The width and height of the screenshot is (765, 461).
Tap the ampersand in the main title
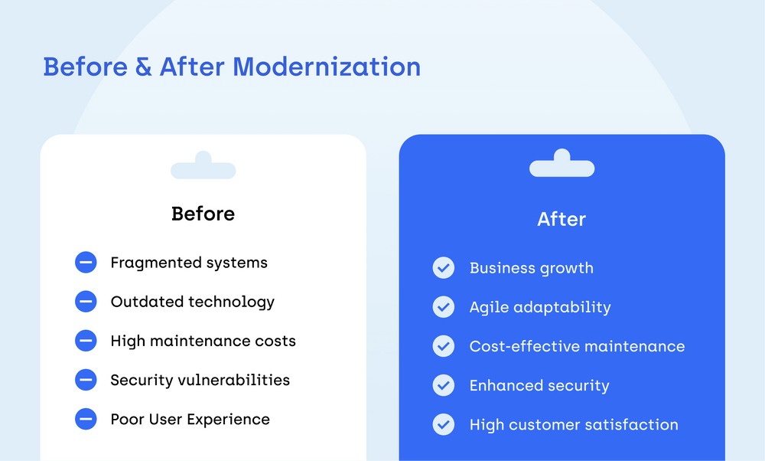143,67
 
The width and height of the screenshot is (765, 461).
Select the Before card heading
203,214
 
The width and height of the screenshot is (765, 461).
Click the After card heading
562,219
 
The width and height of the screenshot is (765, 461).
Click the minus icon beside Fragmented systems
86,263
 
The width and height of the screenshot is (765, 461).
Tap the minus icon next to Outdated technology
86,302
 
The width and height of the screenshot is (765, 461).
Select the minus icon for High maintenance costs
86,341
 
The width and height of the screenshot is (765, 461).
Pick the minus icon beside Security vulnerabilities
86,380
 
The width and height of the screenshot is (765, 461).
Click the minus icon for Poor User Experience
86,419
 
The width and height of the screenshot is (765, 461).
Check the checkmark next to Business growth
444,268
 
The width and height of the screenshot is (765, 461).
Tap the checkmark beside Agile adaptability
444,307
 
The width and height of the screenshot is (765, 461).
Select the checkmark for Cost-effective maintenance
444,346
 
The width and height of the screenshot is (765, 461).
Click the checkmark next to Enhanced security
444,385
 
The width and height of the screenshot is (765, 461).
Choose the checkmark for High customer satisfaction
444,424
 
